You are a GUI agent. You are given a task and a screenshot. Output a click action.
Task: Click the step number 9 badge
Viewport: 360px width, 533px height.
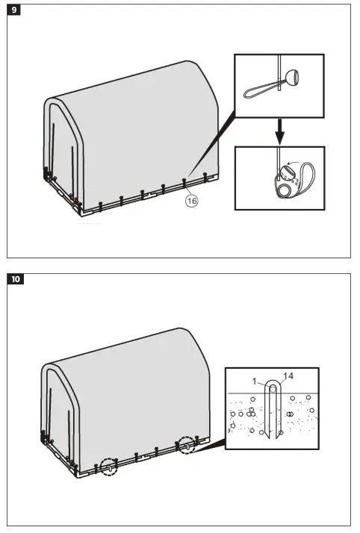tap(16, 12)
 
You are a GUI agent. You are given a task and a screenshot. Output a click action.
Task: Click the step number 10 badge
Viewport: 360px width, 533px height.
tap(16, 281)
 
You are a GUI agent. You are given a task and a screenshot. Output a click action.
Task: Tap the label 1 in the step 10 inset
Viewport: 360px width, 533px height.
tap(255, 381)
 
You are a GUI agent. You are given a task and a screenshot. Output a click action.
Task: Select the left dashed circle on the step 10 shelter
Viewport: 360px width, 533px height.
tap(109, 467)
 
